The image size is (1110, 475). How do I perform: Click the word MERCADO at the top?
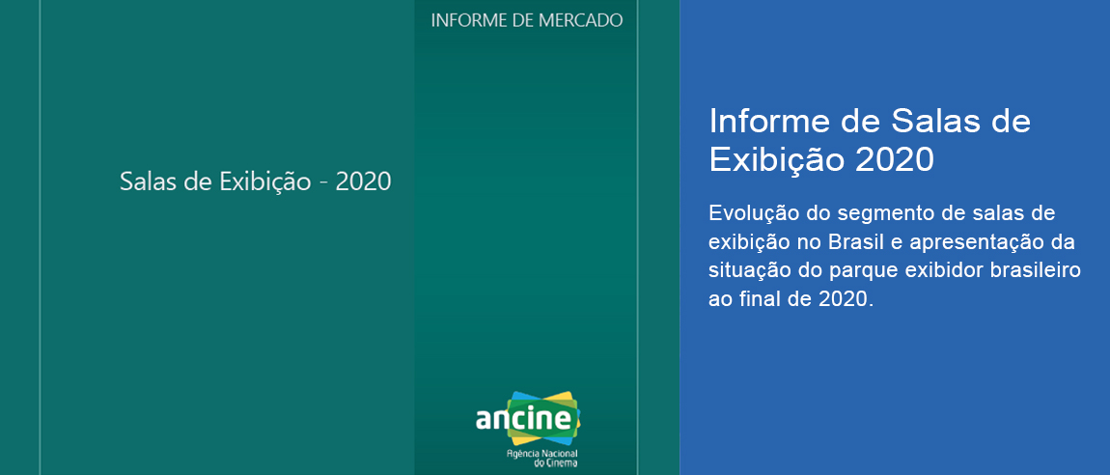pos(580,20)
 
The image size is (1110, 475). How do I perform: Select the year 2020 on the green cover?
pos(363,182)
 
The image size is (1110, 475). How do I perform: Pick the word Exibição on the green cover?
pos(264,182)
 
